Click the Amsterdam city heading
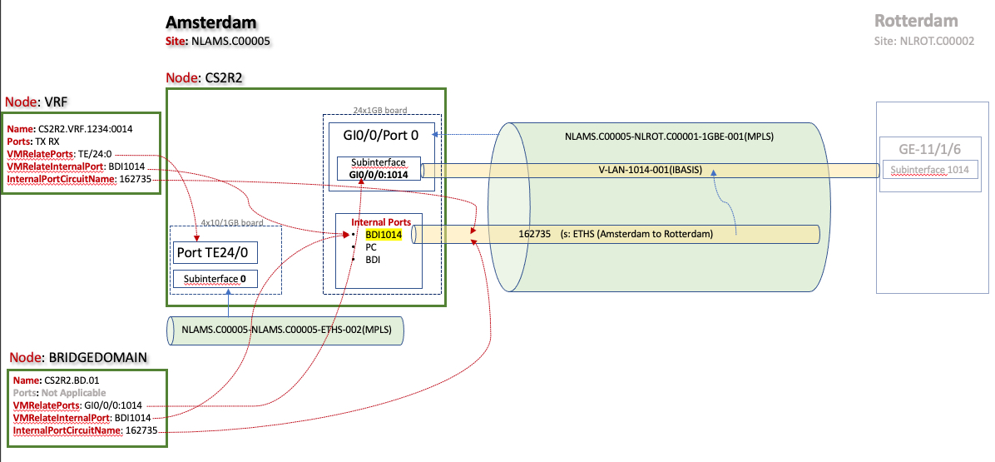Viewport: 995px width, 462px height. pyautogui.click(x=211, y=22)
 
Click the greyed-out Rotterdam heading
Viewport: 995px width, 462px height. pyautogui.click(x=916, y=21)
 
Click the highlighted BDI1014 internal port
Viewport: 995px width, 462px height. pyautogui.click(x=384, y=235)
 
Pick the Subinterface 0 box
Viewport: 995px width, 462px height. pyautogui.click(x=215, y=279)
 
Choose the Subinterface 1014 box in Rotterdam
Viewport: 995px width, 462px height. pyautogui.click(x=929, y=171)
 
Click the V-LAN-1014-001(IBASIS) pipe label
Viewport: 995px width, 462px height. pyautogui.click(x=651, y=171)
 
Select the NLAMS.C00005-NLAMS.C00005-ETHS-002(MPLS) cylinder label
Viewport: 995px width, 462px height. pyautogui.click(x=285, y=330)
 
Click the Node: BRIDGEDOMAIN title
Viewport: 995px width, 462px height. pyautogui.click(x=78, y=357)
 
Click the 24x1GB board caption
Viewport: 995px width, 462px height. pyautogui.click(x=382, y=109)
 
